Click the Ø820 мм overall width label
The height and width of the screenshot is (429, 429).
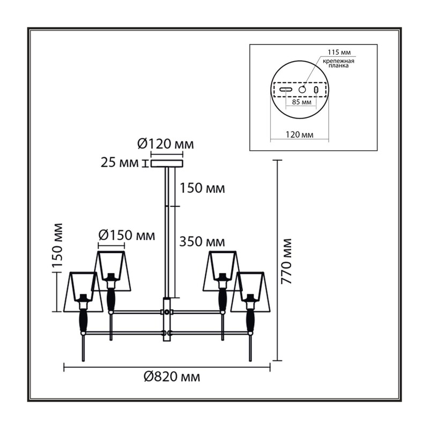coord(172,377)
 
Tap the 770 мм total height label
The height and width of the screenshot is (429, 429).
coord(287,261)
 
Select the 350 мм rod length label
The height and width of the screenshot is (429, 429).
coord(202,242)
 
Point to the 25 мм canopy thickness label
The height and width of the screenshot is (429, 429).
coord(120,163)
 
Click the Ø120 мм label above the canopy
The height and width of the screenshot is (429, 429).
coord(166,144)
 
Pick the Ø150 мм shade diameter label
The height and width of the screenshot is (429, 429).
coord(127,235)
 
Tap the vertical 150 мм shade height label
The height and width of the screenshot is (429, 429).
coord(57,246)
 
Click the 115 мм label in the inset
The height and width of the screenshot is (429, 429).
coord(339,52)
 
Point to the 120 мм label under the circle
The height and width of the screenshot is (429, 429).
coord(300,135)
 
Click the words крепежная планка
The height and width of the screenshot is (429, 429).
coord(338,63)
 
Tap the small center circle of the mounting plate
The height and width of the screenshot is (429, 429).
coord(302,89)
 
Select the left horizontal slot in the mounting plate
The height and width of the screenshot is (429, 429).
coord(286,89)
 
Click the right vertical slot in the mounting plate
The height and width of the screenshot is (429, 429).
coord(316,90)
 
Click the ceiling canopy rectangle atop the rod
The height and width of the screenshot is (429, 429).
coord(167,164)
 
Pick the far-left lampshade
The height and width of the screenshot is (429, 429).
coord(83,292)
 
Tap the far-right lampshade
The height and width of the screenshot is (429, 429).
coord(250,292)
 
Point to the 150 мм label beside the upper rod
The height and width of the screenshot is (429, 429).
coord(202,188)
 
